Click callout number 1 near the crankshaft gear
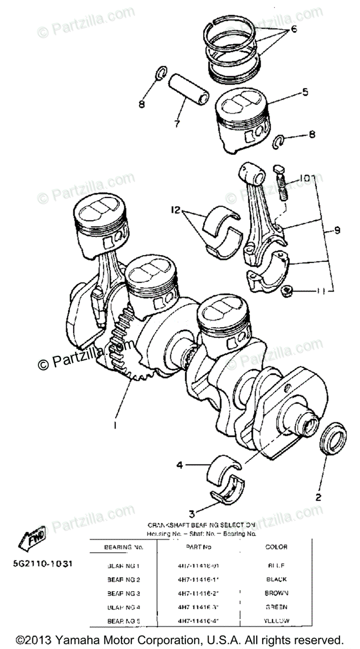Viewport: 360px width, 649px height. tap(115, 425)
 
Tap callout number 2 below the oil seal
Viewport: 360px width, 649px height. tap(319, 495)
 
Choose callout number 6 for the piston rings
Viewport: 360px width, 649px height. tap(294, 30)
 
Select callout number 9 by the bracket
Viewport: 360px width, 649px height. tap(337, 231)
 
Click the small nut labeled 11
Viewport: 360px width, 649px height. tap(286, 292)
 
